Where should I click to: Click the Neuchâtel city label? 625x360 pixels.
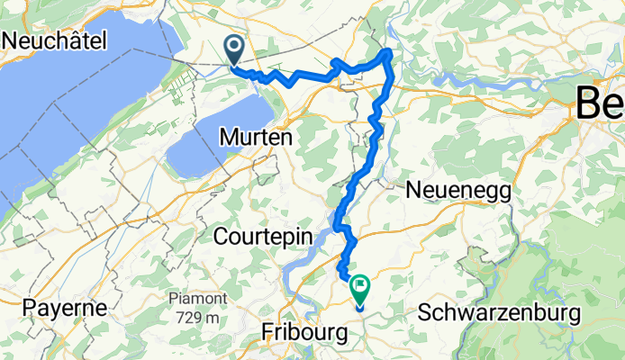coord(55,40)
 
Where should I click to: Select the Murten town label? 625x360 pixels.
coord(256,138)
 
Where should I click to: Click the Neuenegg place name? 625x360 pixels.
coord(458,190)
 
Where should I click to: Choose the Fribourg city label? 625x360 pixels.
coord(303,332)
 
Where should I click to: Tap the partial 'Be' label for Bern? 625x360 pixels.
coord(601,104)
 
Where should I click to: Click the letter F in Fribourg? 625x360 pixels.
coord(267,332)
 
